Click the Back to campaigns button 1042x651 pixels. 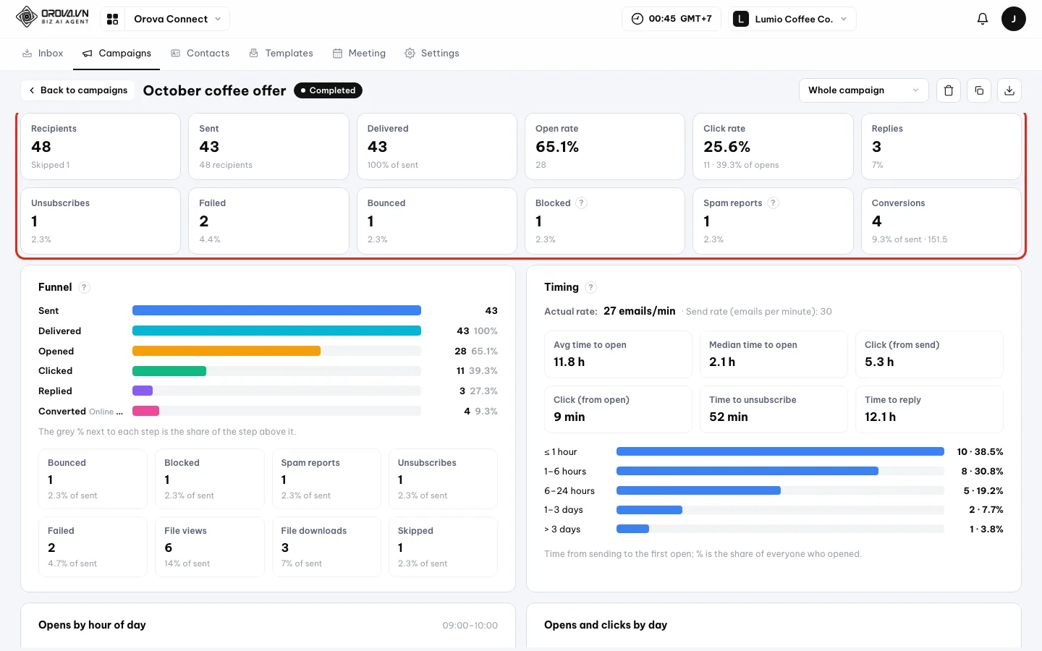77,90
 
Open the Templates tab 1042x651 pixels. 281,53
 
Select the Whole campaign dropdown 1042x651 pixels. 863,90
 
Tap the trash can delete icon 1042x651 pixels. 949,90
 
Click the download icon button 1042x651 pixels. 1009,90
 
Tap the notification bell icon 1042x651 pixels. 983,19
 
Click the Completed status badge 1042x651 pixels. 328,90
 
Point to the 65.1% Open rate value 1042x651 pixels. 557,146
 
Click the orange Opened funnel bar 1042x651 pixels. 226,351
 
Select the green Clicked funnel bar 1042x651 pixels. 169,371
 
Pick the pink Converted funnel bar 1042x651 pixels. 145,411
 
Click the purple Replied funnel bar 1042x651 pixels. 143,391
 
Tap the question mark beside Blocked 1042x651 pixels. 581,203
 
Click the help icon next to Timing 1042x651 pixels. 590,287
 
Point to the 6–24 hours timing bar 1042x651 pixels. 698,490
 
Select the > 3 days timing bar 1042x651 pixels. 632,529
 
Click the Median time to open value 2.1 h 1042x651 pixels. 722,362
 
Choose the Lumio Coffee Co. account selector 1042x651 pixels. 792,19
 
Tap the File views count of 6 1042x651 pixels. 169,548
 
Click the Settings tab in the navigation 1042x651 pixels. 432,53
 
